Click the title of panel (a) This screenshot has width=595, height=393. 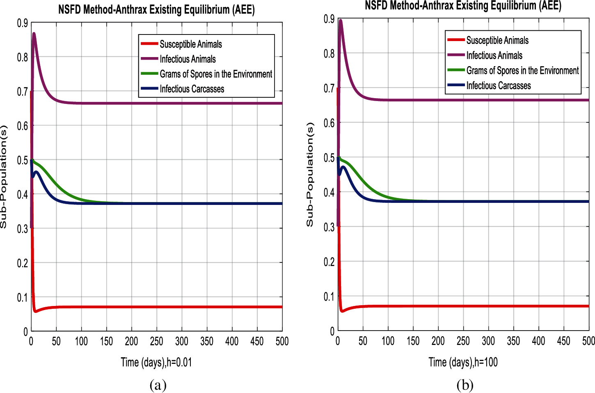156,9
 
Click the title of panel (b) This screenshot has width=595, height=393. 463,6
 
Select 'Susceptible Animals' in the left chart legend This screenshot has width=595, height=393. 191,44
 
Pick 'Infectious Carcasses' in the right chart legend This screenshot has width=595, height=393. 499,86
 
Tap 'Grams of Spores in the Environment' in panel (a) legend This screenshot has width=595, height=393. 216,74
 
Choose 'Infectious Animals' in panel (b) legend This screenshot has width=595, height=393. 494,56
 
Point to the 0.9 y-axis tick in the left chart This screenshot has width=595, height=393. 23,23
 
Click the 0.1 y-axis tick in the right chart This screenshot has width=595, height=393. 329,296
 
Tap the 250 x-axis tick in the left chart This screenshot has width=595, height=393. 156,341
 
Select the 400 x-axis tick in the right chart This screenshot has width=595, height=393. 538,341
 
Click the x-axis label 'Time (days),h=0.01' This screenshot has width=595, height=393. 156,362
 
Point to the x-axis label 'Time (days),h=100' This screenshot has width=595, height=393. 463,362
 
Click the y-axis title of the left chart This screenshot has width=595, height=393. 4,177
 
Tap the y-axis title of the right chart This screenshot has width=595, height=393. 310,175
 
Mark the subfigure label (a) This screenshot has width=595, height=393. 158,385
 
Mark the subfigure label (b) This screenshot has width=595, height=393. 465,385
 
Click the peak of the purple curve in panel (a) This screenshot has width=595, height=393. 34,33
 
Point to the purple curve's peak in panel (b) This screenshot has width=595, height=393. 341,20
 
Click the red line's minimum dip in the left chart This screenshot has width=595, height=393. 36,311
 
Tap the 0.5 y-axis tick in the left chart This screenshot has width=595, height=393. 23,160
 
